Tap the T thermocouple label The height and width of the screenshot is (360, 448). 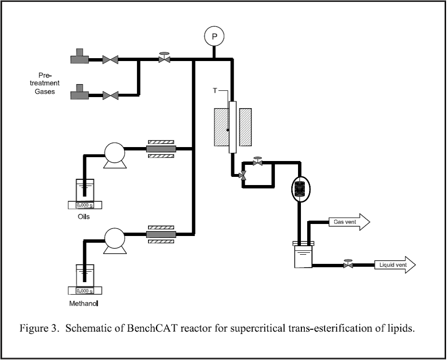coord(215,90)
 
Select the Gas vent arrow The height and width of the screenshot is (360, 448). coord(349,222)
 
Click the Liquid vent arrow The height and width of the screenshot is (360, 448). coord(395,265)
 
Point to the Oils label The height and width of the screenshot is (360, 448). coord(84,217)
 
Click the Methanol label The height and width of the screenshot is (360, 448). coord(84,303)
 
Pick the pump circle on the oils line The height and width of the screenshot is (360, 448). coord(114,153)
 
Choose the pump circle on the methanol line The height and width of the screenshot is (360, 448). coord(114,238)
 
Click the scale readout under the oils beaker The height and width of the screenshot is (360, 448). coord(85,205)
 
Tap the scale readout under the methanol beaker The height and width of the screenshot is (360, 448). coord(85,291)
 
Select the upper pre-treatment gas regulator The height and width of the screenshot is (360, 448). coord(80,56)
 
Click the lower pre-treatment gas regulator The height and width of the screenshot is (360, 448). coord(80,92)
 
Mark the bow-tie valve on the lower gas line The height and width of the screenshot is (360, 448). coord(110,96)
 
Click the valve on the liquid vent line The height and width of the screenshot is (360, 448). coord(348,264)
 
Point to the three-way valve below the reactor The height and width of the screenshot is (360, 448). coord(243,175)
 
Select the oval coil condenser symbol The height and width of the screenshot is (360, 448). coord(300,189)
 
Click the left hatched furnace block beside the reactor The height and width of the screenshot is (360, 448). coord(222,127)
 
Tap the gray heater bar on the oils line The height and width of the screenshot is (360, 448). coord(161,149)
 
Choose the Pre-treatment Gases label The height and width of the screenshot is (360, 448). coord(45,84)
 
